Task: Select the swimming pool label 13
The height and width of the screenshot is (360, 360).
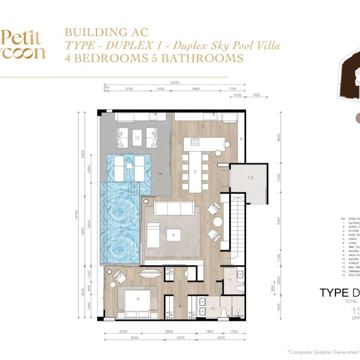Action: [122, 223]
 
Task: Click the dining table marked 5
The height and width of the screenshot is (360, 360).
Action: [195, 171]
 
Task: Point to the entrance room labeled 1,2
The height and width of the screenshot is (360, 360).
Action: [251, 178]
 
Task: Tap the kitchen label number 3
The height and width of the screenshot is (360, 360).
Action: [203, 127]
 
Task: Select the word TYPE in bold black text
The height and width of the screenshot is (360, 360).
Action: [329, 293]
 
